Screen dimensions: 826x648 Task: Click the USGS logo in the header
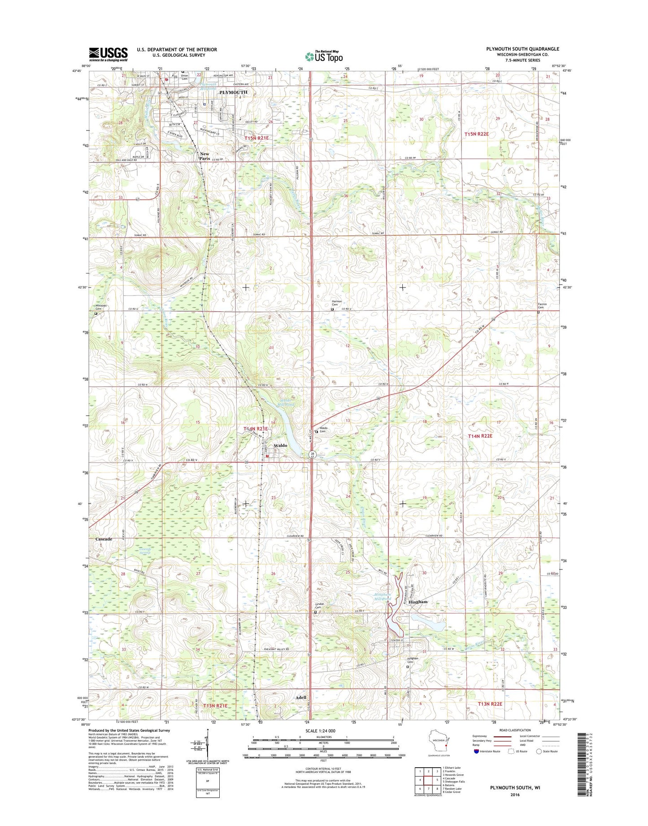(108, 54)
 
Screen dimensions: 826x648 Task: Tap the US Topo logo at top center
(324, 56)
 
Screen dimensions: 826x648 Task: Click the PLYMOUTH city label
(233, 92)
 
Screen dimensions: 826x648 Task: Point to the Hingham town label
(418, 602)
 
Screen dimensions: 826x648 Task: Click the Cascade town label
(104, 539)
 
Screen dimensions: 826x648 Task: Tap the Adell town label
(301, 697)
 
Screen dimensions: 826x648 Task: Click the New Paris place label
(204, 156)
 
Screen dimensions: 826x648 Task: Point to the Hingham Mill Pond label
(383, 597)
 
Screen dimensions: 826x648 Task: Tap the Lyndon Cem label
(319, 606)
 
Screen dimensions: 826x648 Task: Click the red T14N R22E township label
(480, 436)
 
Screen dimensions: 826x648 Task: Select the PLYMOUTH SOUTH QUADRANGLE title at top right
(522, 49)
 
